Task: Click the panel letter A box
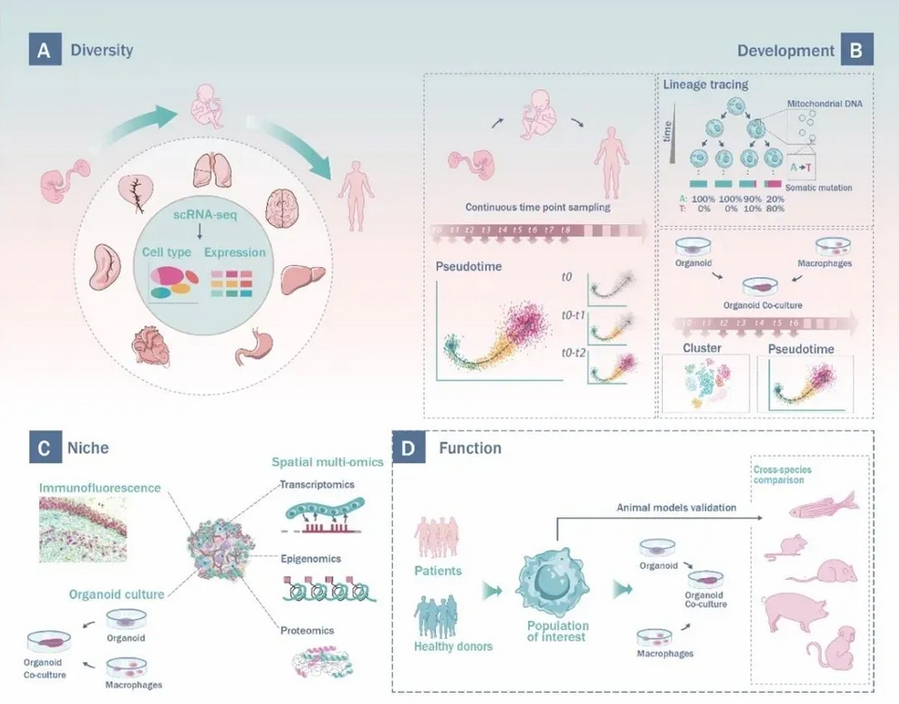click(43, 49)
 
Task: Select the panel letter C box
click(43, 447)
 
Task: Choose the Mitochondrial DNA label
click(829, 106)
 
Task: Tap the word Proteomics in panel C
click(307, 630)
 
